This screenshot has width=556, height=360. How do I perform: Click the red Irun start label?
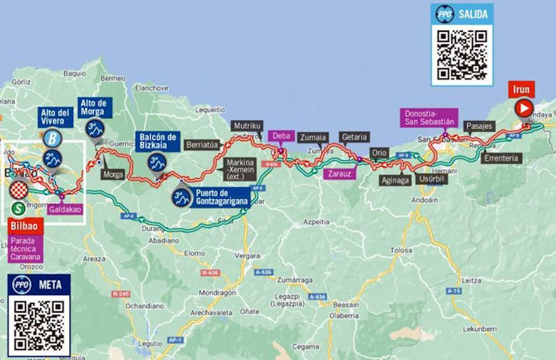coord(521,90)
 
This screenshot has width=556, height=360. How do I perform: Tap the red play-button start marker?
coord(523,108)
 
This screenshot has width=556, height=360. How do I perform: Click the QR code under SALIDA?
coord(461,54)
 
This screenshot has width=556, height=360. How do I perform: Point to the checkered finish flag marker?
coord(20,190)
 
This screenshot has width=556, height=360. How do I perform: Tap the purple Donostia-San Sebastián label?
coord(429,118)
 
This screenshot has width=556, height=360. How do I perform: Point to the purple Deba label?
coord(282,136)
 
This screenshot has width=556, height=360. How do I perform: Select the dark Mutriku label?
coord(247,127)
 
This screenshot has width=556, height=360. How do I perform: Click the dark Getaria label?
coord(355,137)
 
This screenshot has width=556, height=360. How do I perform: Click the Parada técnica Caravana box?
coord(26,249)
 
